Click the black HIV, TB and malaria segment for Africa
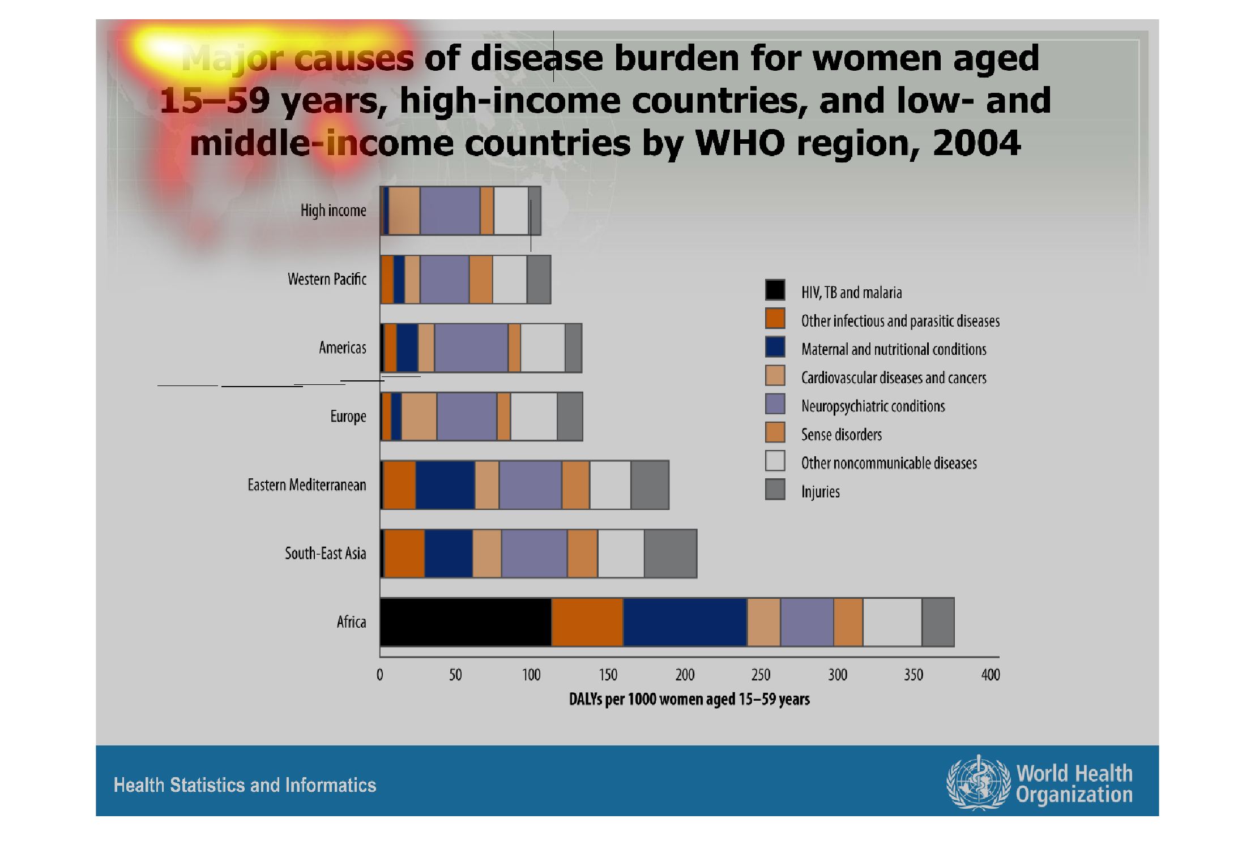point(466,621)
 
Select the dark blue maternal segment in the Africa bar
point(685,621)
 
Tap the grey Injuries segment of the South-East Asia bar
point(671,553)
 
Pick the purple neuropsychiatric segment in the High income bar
point(450,211)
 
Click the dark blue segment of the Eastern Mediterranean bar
point(445,485)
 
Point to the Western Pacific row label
point(327,279)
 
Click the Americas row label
point(342,348)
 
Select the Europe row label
point(348,417)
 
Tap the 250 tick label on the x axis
point(761,675)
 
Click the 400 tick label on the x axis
point(990,675)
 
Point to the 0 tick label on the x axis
point(379,675)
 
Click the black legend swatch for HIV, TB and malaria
point(775,289)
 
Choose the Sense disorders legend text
point(841,435)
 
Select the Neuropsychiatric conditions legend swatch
point(775,404)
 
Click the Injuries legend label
point(820,491)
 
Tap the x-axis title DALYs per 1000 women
point(689,699)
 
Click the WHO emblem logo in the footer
point(978,783)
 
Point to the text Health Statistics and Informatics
point(245,785)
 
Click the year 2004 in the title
point(976,143)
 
